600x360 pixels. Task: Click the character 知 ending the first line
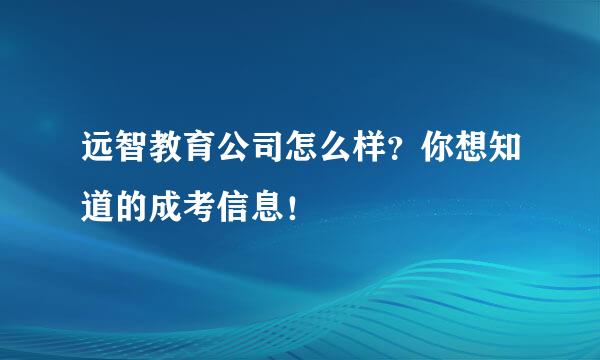click(x=505, y=146)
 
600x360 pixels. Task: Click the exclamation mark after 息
click(x=293, y=207)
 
